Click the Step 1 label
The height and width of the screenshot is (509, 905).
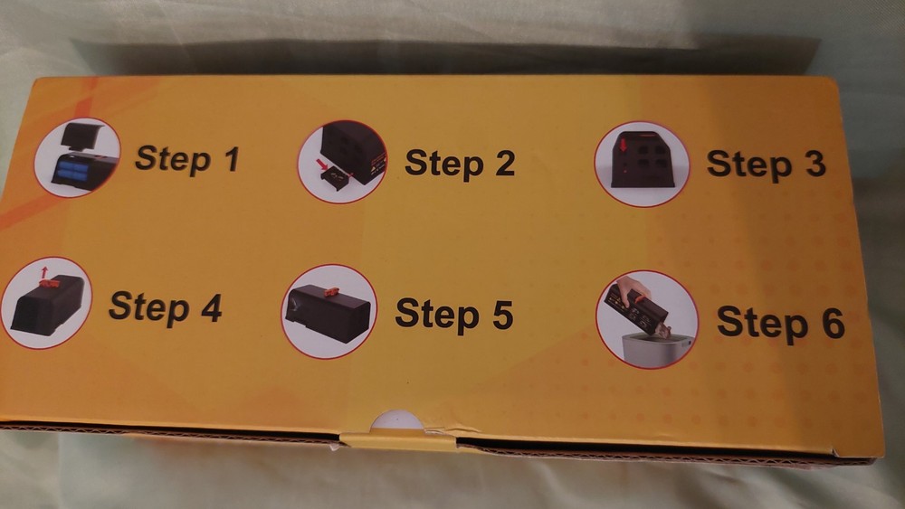point(187,158)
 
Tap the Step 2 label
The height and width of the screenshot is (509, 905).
point(460,163)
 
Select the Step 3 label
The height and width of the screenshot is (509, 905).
point(766,164)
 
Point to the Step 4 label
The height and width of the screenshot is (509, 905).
point(165,307)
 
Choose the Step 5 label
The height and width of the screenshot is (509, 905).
point(454,313)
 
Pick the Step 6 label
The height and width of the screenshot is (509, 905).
point(780,323)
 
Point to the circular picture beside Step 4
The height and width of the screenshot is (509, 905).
point(46,303)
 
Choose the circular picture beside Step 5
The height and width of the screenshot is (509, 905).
point(329,311)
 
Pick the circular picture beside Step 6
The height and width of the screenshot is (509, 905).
point(647,318)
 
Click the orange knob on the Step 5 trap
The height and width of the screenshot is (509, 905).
point(331,291)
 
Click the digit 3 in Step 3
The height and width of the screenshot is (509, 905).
point(812,164)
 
